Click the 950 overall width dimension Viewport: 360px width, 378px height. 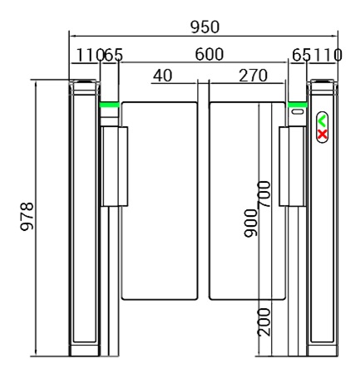click(205, 26)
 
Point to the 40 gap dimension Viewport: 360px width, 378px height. click(162, 76)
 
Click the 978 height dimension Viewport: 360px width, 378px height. click(27, 218)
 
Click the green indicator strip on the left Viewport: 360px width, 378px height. click(109, 105)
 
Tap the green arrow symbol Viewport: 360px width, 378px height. click(323, 121)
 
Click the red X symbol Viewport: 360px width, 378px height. click(323, 133)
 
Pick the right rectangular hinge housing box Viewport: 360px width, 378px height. click(291, 166)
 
